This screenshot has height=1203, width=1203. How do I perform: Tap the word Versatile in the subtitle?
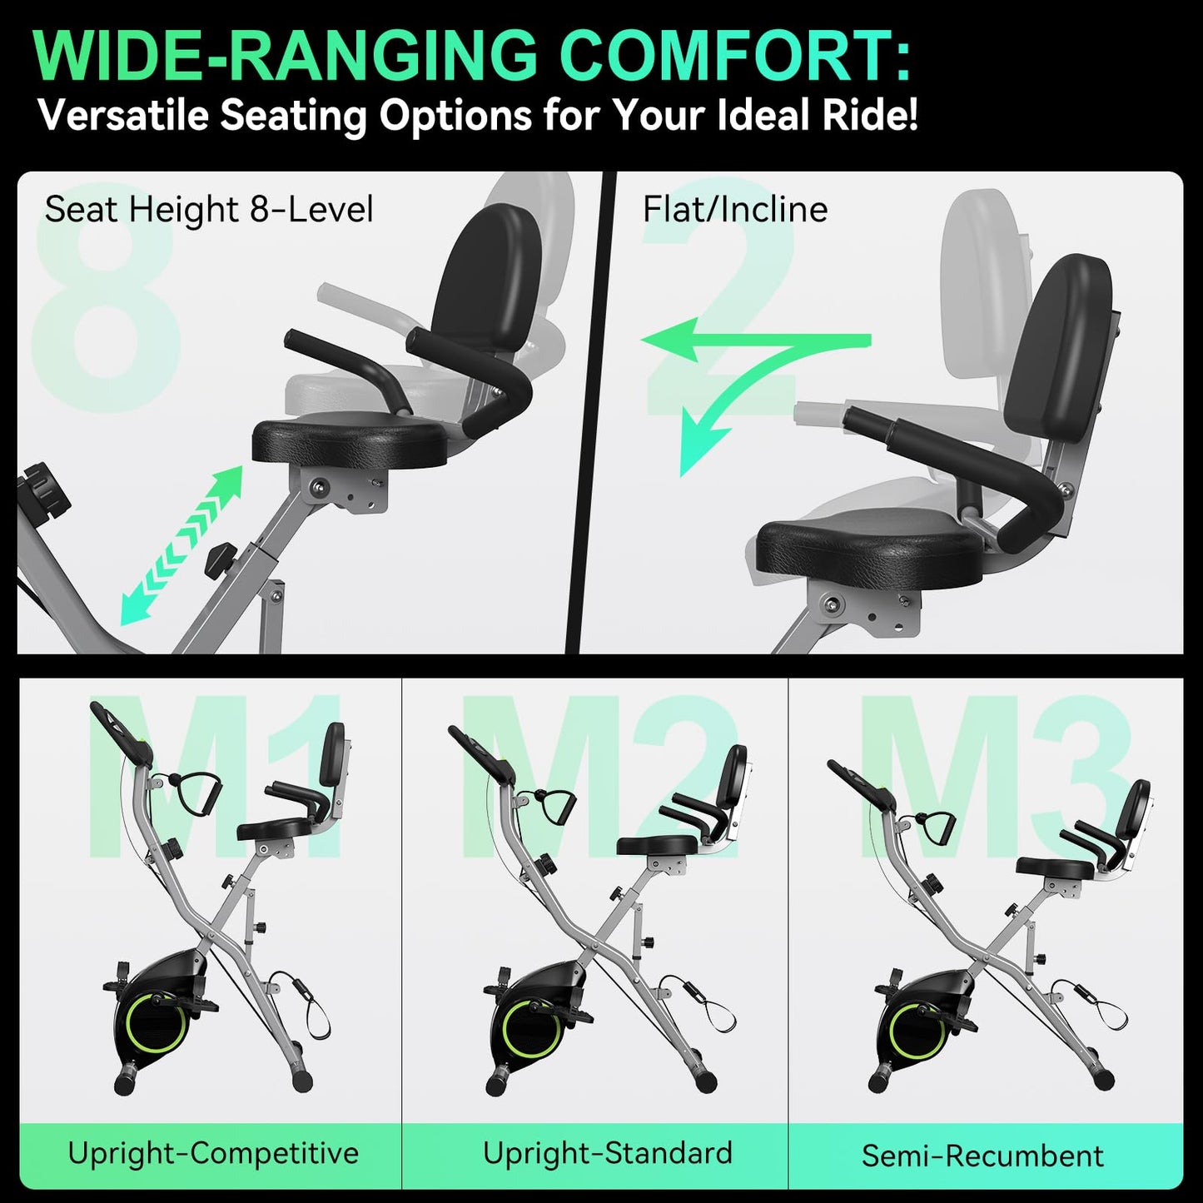coord(123,115)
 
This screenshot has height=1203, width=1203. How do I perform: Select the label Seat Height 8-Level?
coord(208,209)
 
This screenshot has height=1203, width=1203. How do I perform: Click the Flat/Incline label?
coord(734,209)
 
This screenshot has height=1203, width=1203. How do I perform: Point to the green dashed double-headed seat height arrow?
coord(181,545)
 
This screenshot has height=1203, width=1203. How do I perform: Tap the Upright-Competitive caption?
coord(213,1153)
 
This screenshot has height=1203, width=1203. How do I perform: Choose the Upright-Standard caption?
coord(607,1153)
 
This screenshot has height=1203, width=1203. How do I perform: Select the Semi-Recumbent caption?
coord(982,1156)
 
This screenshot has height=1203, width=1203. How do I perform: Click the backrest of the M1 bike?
coord(332,754)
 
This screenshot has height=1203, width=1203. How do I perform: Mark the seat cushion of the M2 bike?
coord(656,846)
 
